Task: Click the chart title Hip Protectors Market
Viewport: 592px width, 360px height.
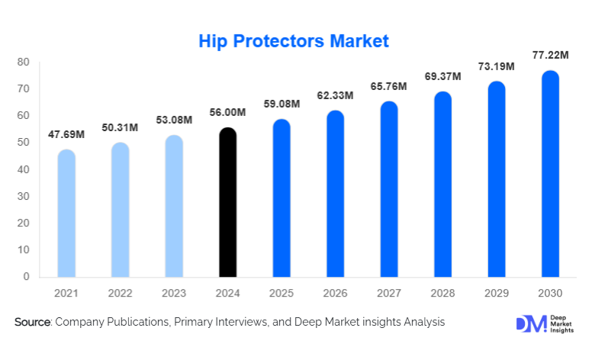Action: (x=294, y=40)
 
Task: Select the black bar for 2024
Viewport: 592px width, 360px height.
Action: (x=227, y=202)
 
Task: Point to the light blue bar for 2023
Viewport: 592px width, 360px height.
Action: (x=174, y=206)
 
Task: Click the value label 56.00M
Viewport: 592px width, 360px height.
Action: (x=227, y=112)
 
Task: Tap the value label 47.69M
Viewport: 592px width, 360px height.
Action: (x=66, y=134)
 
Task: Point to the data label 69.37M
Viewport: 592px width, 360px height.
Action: (x=442, y=78)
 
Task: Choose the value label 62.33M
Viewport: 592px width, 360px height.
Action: (x=335, y=95)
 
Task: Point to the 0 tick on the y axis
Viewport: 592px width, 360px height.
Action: (x=27, y=276)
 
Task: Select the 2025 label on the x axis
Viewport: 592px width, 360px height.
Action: (x=282, y=294)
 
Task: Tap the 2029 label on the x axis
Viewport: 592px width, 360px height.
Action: (x=496, y=294)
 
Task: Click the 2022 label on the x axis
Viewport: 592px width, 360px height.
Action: (x=121, y=294)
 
